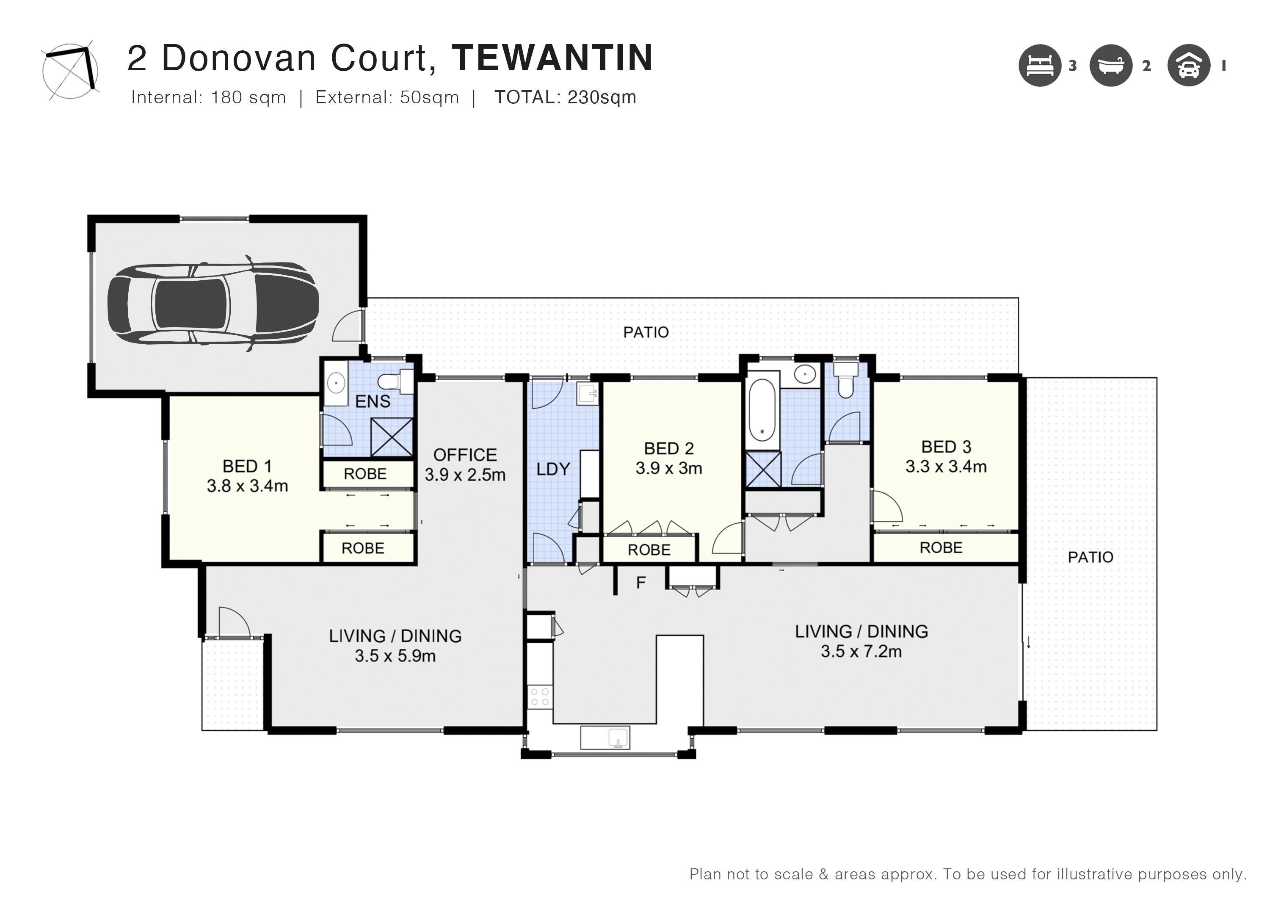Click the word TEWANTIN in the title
coord(552,58)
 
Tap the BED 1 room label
coord(247,467)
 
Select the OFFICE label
coord(465,455)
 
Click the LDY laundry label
coord(553,469)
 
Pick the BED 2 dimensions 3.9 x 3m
coord(669,469)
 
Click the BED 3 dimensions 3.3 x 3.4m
coord(946,467)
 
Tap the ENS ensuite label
coord(373,402)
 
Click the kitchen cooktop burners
coord(539,696)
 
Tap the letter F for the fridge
coord(641,583)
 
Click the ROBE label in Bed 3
coord(941,548)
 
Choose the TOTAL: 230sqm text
coord(565,97)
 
